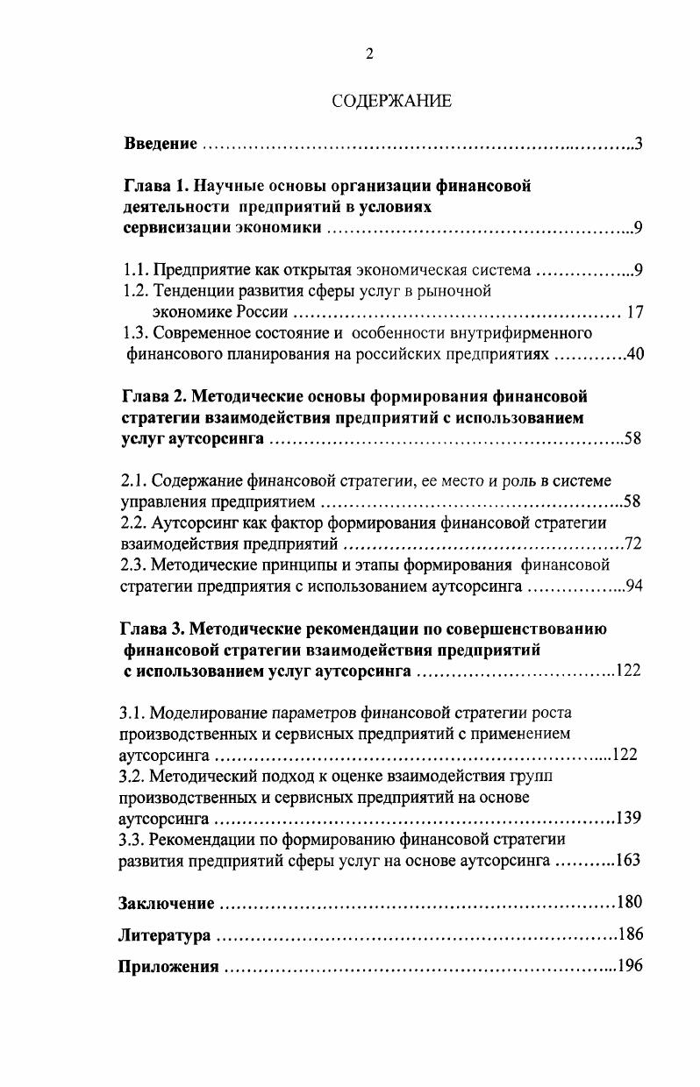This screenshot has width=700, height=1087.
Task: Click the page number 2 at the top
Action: [369, 54]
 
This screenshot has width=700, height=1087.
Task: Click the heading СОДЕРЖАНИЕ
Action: [392, 102]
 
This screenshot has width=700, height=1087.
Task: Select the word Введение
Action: [160, 144]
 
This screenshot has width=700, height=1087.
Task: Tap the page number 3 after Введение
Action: [639, 144]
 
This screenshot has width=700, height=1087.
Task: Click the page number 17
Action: [635, 312]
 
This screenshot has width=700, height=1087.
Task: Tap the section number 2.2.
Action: [133, 523]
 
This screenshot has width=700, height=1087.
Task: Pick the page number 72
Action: [633, 544]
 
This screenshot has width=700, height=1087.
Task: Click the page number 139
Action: [629, 818]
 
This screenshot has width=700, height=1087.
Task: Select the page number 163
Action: [628, 860]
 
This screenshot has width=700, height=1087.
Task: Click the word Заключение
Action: [166, 903]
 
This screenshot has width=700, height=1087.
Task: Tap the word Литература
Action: [164, 935]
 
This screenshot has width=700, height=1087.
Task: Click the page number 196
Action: [631, 966]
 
